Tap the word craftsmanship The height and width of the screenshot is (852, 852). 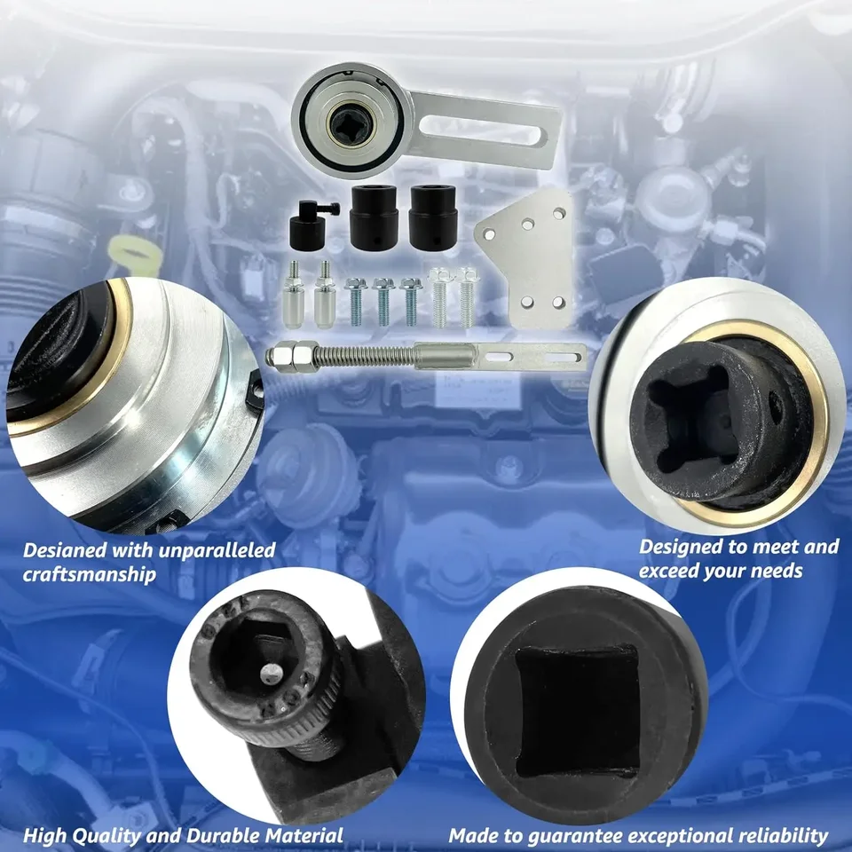[88, 574]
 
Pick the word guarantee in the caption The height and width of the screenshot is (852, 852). [592, 835]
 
